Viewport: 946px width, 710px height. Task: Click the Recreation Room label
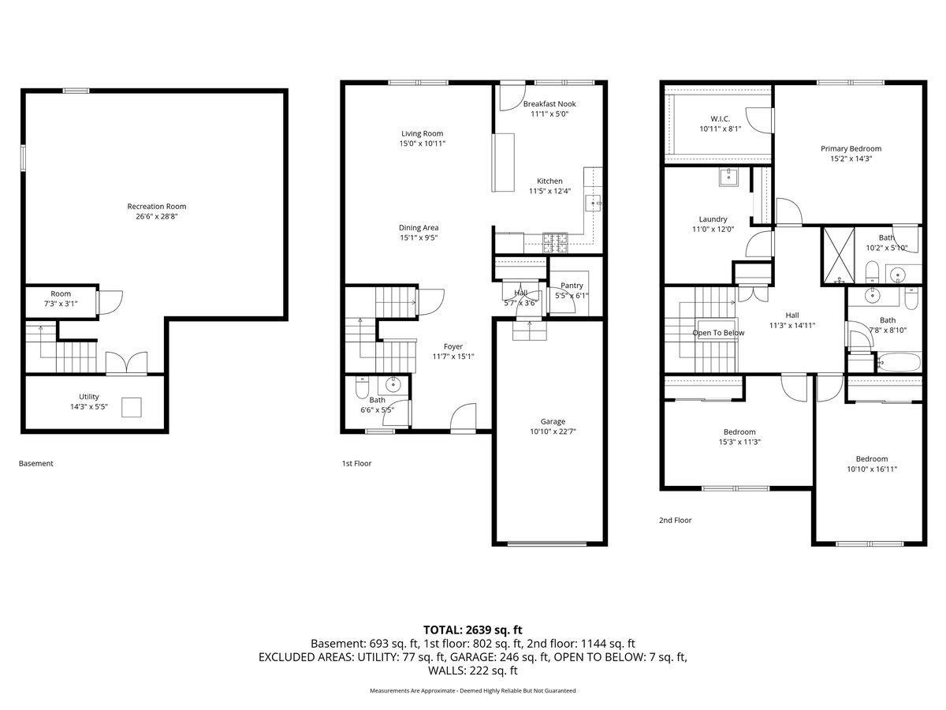156,207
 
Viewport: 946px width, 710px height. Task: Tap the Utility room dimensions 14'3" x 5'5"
89,406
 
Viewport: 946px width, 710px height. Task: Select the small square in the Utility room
132,407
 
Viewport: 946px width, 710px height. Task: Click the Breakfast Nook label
549,104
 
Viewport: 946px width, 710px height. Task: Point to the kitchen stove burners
556,243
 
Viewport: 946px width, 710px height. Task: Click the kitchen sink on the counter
594,204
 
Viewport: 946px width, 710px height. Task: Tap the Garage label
553,421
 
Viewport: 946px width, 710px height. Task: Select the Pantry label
572,286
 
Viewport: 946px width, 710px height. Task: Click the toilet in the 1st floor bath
362,387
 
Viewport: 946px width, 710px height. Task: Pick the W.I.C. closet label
721,119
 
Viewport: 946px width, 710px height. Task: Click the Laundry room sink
728,177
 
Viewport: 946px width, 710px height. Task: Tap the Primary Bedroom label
851,149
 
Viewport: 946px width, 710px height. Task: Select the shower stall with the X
839,256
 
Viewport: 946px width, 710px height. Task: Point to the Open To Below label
718,333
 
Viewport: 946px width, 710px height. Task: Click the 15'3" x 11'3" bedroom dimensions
739,442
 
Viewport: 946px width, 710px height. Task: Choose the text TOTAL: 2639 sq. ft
473,630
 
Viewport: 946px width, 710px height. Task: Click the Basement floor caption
36,463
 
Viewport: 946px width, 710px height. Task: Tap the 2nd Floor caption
675,521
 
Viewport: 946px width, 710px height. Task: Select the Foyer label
453,346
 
